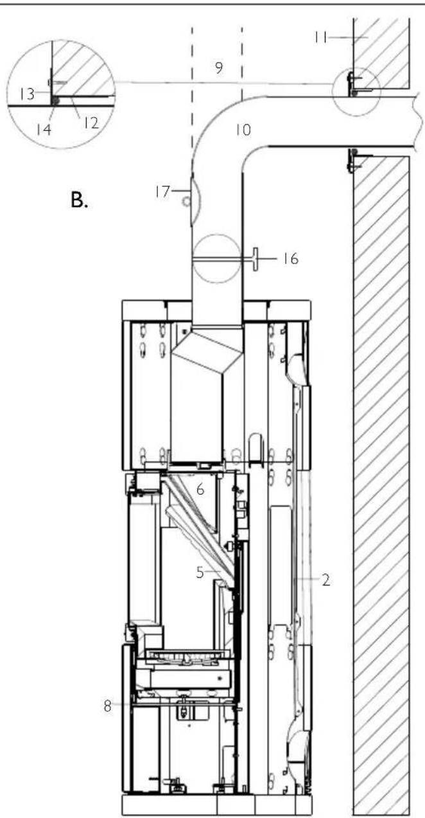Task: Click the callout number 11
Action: (322, 38)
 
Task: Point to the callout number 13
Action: (25, 95)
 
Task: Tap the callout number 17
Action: (162, 190)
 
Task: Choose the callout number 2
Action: (325, 580)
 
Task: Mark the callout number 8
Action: (107, 705)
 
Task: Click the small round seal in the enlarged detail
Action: (57, 102)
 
